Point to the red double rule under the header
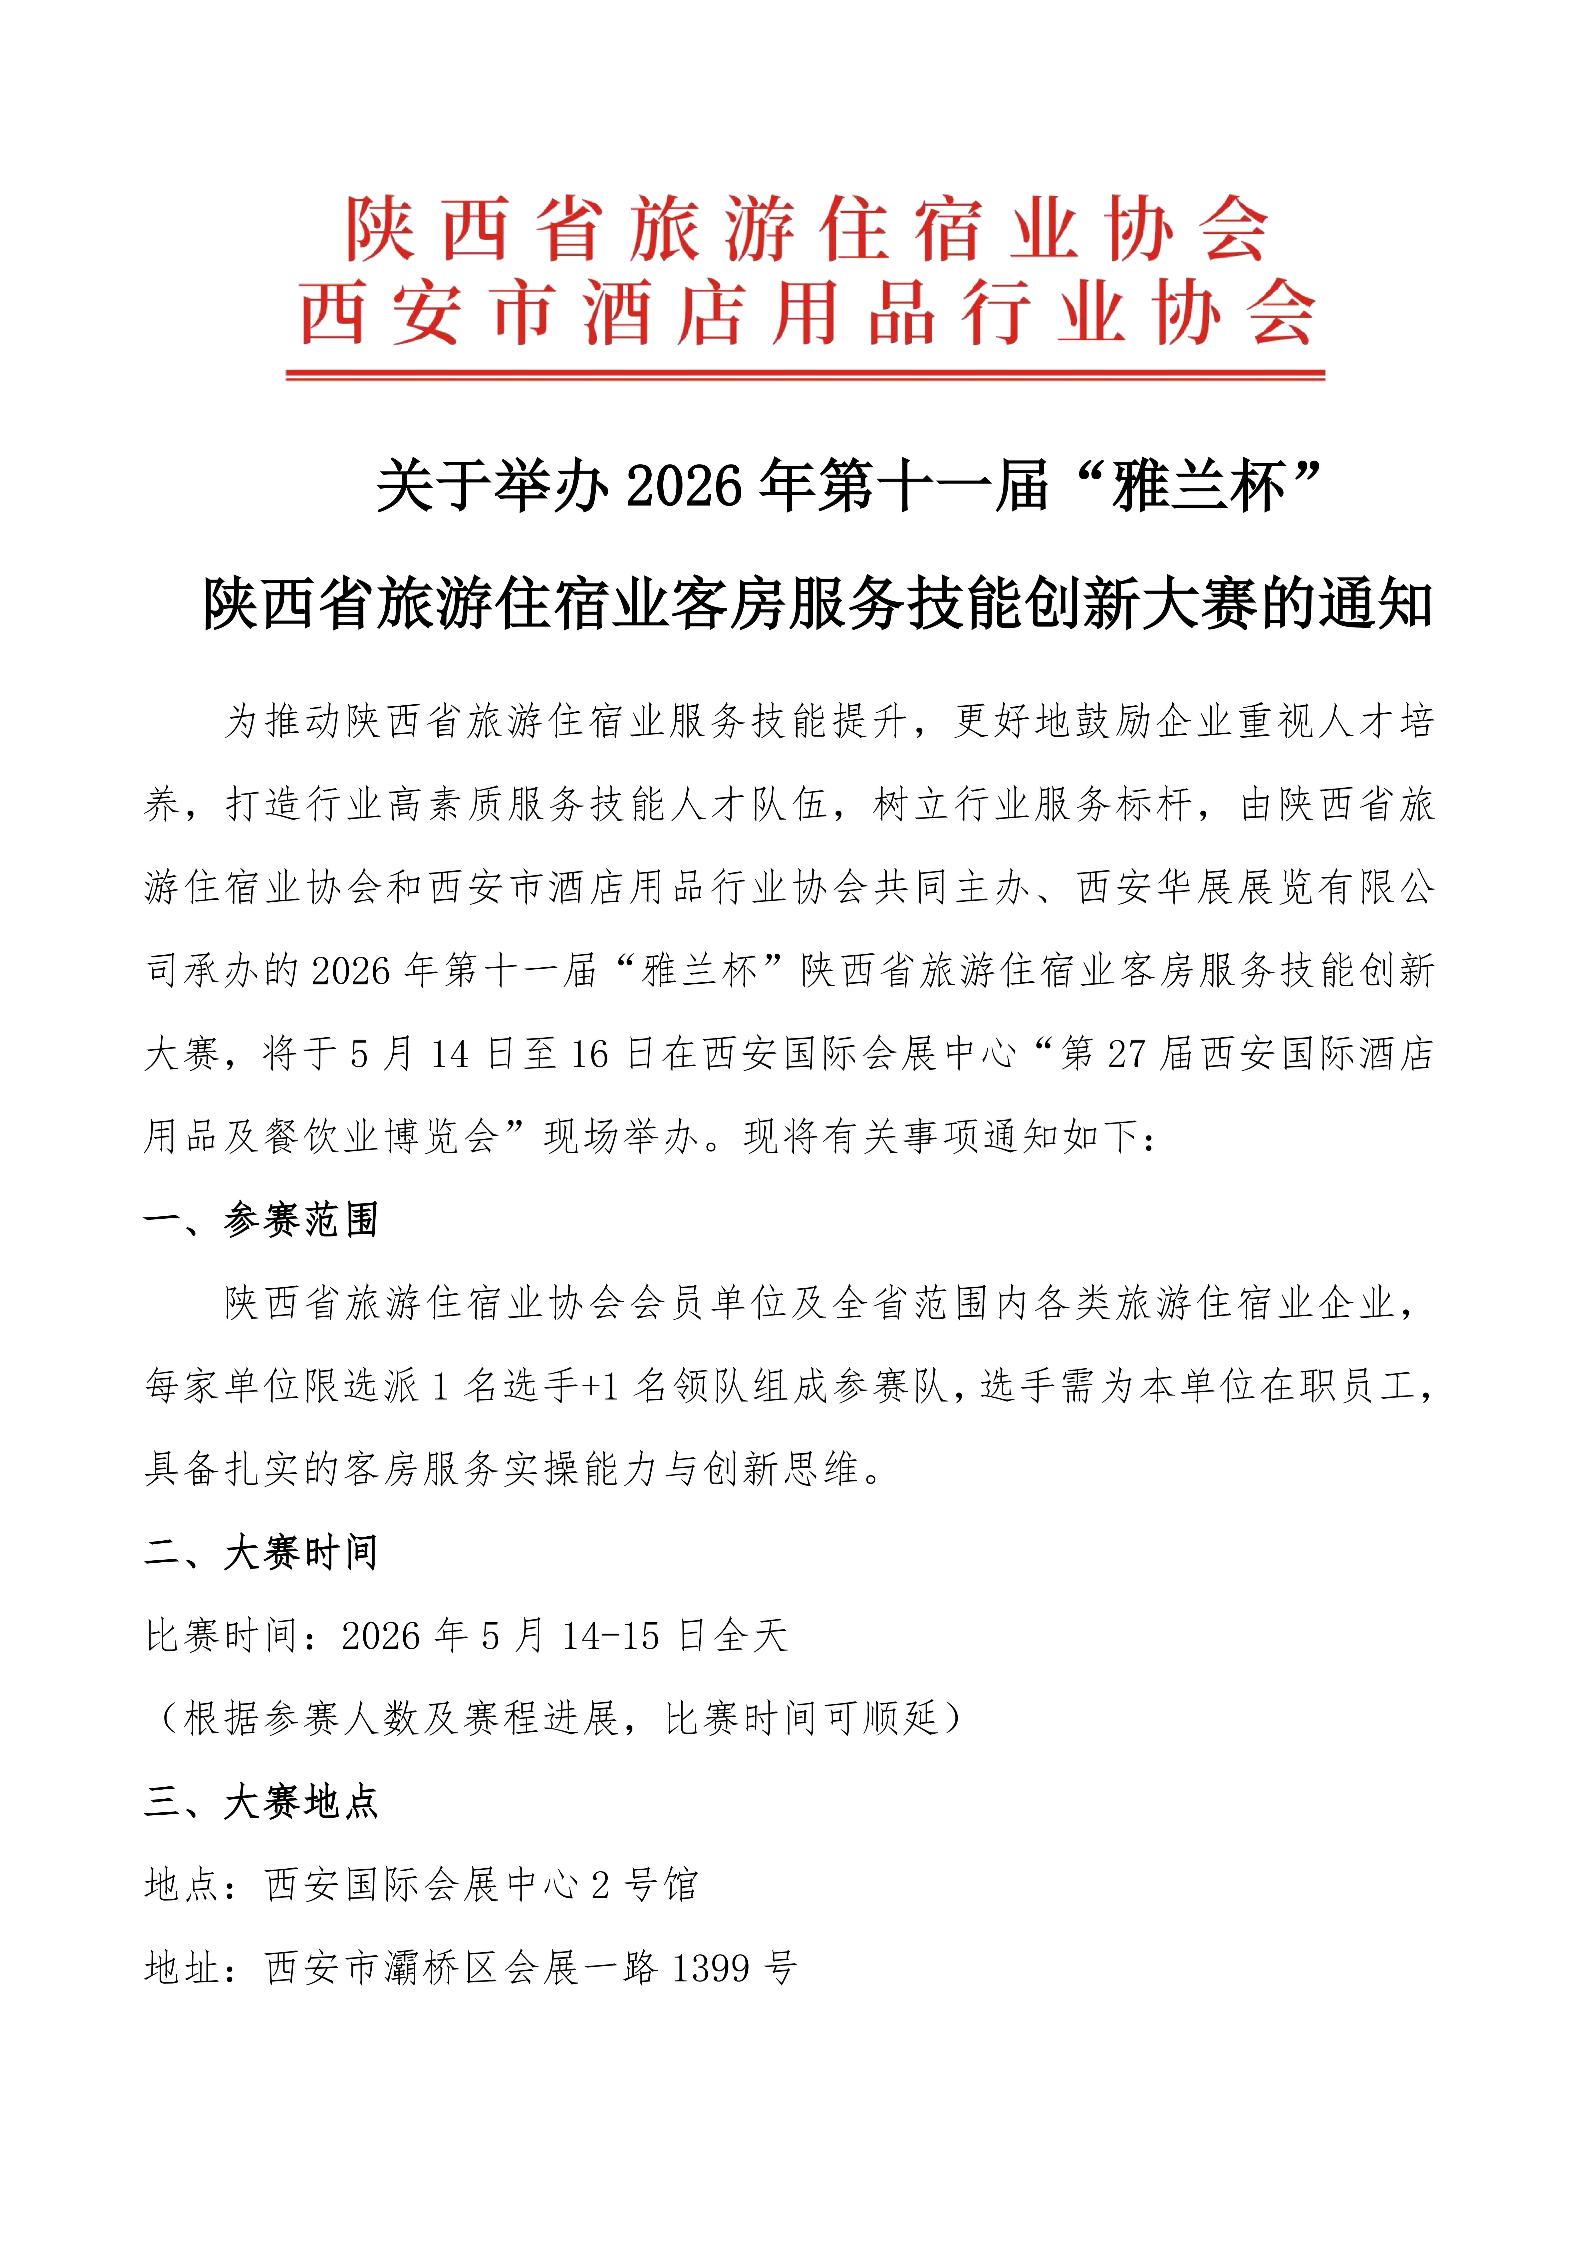pos(805,374)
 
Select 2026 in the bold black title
pos(684,486)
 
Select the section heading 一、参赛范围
pos(262,1220)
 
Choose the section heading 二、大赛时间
pos(262,1552)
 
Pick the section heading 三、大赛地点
pos(262,1802)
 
